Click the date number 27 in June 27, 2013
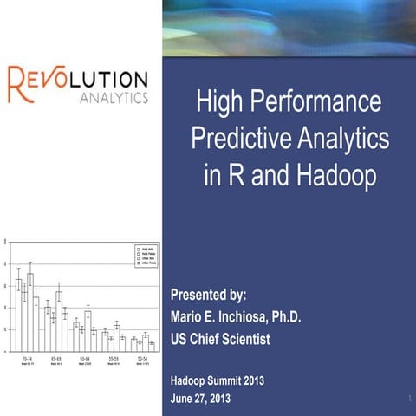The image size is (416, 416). (x=209, y=398)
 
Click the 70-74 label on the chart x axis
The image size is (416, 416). (x=27, y=358)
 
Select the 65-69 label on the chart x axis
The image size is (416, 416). (x=55, y=358)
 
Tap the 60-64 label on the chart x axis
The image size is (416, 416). (x=85, y=358)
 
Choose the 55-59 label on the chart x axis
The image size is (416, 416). (x=114, y=358)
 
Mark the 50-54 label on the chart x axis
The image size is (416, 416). (x=142, y=358)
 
